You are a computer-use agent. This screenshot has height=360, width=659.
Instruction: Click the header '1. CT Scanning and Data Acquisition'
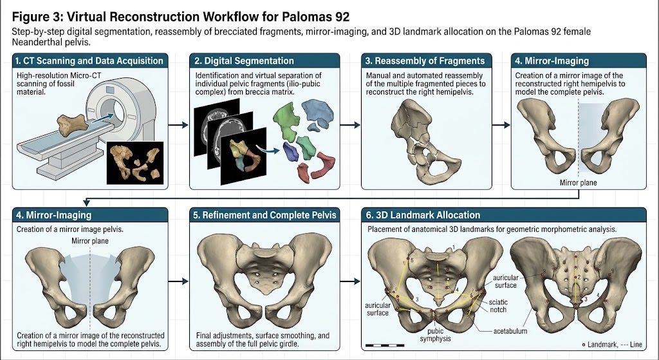[x=89, y=61]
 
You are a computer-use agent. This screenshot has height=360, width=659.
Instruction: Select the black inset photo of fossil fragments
[x=135, y=163]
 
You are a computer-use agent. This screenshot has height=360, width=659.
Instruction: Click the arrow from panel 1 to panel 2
[x=178, y=124]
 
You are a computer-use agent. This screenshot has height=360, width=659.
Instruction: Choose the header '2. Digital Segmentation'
[x=244, y=61]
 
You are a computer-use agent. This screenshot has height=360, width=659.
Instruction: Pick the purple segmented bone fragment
[x=290, y=151]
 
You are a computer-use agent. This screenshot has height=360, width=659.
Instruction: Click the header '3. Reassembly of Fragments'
[x=425, y=61]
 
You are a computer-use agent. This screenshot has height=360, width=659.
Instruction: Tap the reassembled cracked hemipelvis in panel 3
[x=422, y=141]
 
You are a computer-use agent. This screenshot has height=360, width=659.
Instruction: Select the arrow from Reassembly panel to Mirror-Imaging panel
[x=501, y=124]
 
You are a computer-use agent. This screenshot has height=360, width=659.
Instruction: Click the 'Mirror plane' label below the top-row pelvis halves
[x=579, y=183]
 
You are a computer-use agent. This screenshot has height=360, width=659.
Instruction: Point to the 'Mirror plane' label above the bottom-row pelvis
[x=90, y=241]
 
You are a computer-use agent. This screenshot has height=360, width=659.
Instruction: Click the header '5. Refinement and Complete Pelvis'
[x=265, y=215]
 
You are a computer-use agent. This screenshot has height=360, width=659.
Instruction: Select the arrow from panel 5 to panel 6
[x=350, y=281]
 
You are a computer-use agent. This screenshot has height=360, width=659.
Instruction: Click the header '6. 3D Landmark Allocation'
[x=423, y=215]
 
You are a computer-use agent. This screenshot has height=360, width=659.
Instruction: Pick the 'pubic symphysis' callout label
[x=436, y=335]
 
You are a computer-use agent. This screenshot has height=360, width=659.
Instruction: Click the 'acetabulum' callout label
[x=510, y=331]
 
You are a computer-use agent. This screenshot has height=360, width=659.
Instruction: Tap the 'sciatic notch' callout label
[x=499, y=306]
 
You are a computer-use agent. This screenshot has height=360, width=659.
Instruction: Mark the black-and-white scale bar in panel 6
[x=385, y=345]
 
